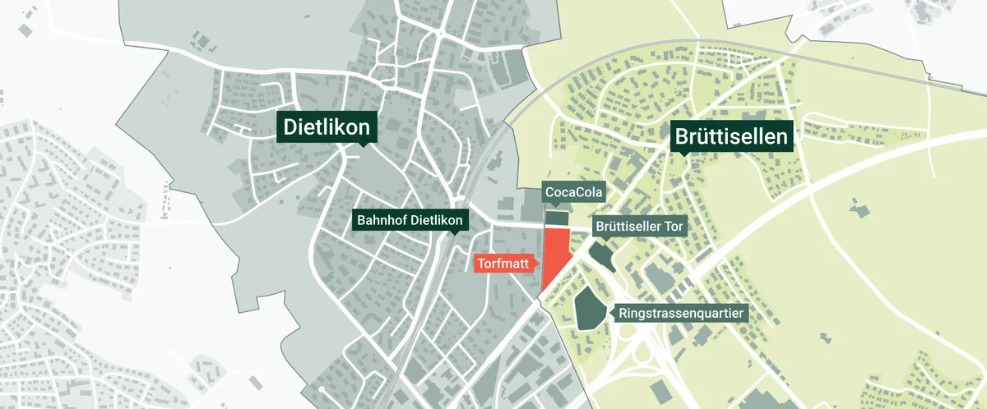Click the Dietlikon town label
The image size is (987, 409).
pos(327,127)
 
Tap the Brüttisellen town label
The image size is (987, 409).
pos(733,137)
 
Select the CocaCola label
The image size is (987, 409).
pos(574,194)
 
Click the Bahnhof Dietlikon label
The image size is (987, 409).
pos(410,220)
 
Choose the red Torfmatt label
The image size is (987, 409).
pos(503,264)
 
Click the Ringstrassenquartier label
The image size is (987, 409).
pos(681,313)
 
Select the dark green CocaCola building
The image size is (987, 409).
pos(558,218)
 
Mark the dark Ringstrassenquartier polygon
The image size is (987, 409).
pos(587,309)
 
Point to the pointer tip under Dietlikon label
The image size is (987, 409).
pos(363,146)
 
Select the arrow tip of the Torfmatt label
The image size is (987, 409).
pos(539,264)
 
